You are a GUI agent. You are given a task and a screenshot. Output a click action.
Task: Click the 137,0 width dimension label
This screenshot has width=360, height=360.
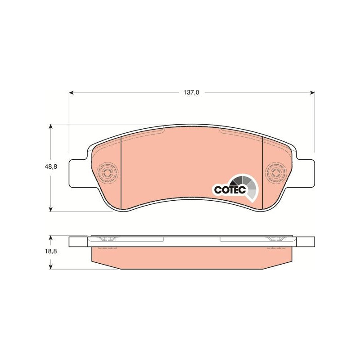(191, 93)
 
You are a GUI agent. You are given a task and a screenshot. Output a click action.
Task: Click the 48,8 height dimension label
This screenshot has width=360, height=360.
(51, 166)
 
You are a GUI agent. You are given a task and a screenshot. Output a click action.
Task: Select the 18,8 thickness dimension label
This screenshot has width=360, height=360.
(51, 251)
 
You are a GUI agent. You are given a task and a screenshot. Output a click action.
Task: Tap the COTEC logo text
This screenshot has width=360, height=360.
(230, 189)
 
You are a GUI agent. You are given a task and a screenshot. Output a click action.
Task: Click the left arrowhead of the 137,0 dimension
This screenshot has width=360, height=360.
(71, 93)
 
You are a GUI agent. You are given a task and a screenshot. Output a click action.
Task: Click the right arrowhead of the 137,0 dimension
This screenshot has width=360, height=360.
(312, 93)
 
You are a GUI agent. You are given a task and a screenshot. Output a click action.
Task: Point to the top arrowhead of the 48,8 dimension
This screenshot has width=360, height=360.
(51, 126)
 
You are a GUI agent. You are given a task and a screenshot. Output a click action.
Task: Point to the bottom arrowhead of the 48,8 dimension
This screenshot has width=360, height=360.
(51, 209)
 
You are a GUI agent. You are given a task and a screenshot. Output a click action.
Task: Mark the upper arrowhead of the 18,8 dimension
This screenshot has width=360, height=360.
(51, 238)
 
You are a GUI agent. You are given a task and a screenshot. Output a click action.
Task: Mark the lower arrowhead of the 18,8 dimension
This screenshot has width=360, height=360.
(51, 266)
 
